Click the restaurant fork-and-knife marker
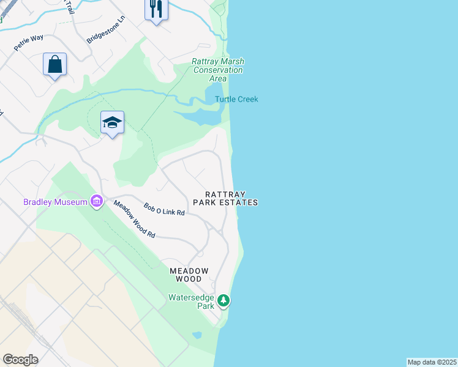tap(156, 9)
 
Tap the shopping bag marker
tap(54, 64)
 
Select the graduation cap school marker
tap(112, 122)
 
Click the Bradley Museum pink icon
tap(96, 201)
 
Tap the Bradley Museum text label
tap(56, 202)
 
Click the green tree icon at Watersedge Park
tap(224, 300)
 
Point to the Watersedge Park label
tap(192, 301)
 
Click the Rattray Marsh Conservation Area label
tap(218, 70)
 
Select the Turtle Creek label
tap(236, 99)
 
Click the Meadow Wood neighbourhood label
tap(189, 275)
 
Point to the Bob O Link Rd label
tap(164, 210)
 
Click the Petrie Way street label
tap(29, 42)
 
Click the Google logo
tap(20, 360)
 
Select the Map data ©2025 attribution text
tap(432, 362)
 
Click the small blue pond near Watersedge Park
tap(197, 335)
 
